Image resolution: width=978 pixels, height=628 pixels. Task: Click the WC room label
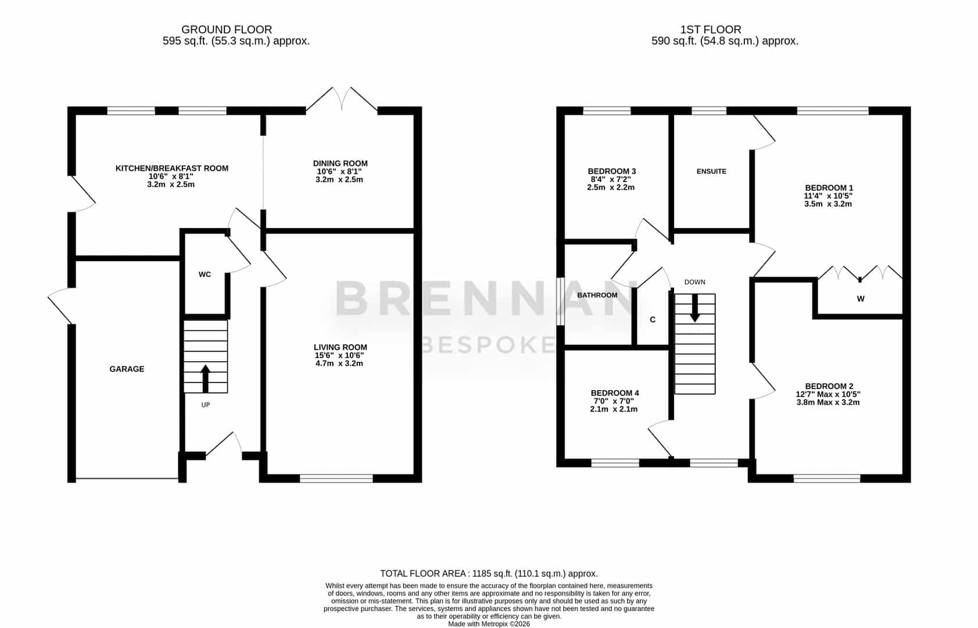[205, 274]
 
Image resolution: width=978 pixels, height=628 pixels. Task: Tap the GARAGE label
[127, 369]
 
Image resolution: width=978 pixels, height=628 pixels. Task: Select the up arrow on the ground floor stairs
[205, 379]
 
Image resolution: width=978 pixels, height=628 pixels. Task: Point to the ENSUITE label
[712, 172]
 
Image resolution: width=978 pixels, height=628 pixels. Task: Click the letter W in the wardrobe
[861, 299]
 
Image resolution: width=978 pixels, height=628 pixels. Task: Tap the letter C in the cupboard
[653, 320]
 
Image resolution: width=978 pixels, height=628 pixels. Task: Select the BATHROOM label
[597, 295]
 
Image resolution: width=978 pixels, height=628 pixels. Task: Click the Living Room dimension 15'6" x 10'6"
[339, 356]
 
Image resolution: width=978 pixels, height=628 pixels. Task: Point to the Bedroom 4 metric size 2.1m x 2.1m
[614, 409]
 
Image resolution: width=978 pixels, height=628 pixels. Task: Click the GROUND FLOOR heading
[227, 30]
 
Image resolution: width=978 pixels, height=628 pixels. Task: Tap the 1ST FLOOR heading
[711, 30]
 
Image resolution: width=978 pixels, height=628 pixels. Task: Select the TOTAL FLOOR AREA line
[489, 574]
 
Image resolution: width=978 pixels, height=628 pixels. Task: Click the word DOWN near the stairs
[694, 283]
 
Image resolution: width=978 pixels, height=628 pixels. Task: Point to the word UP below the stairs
[205, 405]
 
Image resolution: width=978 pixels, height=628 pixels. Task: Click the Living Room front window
[336, 479]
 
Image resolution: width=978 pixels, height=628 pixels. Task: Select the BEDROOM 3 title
[612, 172]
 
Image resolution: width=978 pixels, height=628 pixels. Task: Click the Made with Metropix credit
[489, 624]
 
